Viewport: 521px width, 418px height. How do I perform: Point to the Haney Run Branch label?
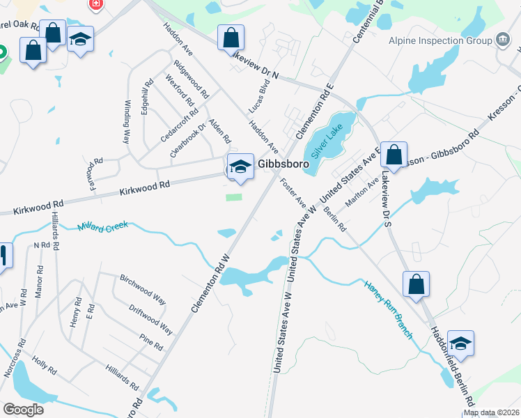pyautogui.click(x=387, y=309)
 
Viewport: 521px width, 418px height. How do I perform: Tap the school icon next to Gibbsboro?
pyautogui.click(x=240, y=167)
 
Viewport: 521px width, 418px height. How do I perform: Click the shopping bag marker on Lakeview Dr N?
pyautogui.click(x=231, y=38)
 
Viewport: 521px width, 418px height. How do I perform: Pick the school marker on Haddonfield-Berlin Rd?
pyautogui.click(x=460, y=343)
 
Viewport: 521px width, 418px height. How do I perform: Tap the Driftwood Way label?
pyautogui.click(x=150, y=318)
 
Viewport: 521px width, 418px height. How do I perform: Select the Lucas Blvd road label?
pyautogui.click(x=259, y=96)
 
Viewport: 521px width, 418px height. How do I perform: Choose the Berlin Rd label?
pyautogui.click(x=335, y=219)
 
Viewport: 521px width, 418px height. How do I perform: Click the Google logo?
pyautogui.click(x=23, y=409)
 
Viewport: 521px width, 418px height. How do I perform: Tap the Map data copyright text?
pyautogui.click(x=491, y=412)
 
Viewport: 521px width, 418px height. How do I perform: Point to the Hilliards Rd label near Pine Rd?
pyautogui.click(x=123, y=376)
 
